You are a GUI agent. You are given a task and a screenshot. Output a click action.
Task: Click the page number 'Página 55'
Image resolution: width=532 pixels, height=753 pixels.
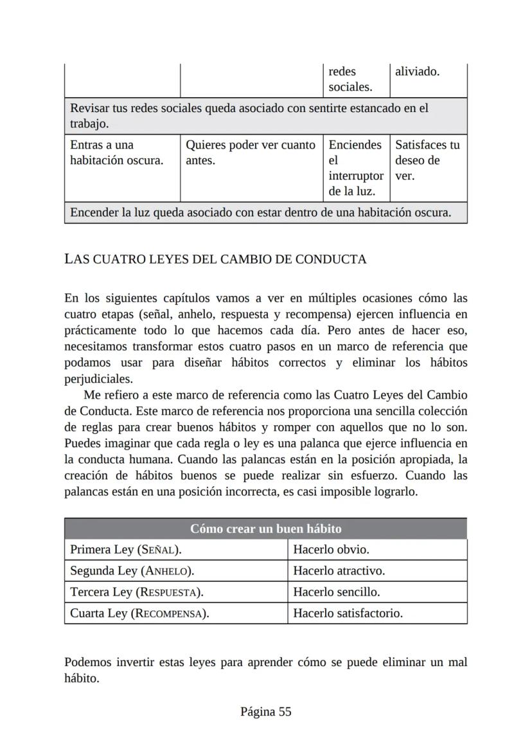(265, 711)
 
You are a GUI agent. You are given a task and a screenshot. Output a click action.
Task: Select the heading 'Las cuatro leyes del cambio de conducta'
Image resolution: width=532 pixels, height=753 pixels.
(215, 259)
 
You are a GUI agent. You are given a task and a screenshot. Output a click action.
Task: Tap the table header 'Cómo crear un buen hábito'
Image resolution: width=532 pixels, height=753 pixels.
(265, 529)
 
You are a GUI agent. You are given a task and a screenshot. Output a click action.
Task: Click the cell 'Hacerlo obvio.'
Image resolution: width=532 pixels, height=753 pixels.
(331, 550)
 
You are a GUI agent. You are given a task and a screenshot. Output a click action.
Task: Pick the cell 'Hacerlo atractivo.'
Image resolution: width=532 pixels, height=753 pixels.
(339, 571)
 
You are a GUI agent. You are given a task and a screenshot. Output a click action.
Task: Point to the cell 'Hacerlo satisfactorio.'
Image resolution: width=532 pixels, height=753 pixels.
(348, 613)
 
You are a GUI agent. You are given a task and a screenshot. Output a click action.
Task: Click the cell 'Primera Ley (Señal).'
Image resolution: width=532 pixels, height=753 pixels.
(125, 550)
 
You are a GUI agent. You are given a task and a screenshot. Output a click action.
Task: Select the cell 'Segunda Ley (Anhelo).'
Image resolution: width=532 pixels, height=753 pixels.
(132, 571)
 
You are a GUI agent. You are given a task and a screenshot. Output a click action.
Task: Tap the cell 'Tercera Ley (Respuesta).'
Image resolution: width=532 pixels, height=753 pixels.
(141, 592)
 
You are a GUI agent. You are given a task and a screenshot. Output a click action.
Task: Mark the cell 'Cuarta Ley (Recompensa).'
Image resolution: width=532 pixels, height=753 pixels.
(139, 613)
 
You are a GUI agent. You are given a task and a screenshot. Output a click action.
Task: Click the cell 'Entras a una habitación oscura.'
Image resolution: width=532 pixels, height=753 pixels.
(116, 153)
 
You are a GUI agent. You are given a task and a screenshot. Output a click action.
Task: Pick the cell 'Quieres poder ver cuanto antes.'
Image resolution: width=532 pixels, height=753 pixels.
(251, 153)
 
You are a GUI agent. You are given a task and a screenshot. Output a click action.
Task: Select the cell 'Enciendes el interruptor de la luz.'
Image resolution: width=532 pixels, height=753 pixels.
(355, 168)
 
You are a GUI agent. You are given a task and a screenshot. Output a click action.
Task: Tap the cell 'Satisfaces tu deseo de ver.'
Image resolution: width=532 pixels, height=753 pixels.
(427, 160)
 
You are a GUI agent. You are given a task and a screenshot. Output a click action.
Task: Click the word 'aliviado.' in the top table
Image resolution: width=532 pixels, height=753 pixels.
(417, 71)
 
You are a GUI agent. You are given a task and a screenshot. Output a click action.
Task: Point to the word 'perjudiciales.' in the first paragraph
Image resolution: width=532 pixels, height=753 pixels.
(98, 379)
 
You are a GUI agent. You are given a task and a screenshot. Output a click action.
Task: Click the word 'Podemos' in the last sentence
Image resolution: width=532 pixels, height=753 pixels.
(87, 662)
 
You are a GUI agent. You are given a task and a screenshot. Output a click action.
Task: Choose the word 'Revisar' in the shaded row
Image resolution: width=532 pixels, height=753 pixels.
(90, 107)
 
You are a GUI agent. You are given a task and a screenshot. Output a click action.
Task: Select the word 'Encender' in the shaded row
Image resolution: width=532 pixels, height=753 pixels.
(94, 212)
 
